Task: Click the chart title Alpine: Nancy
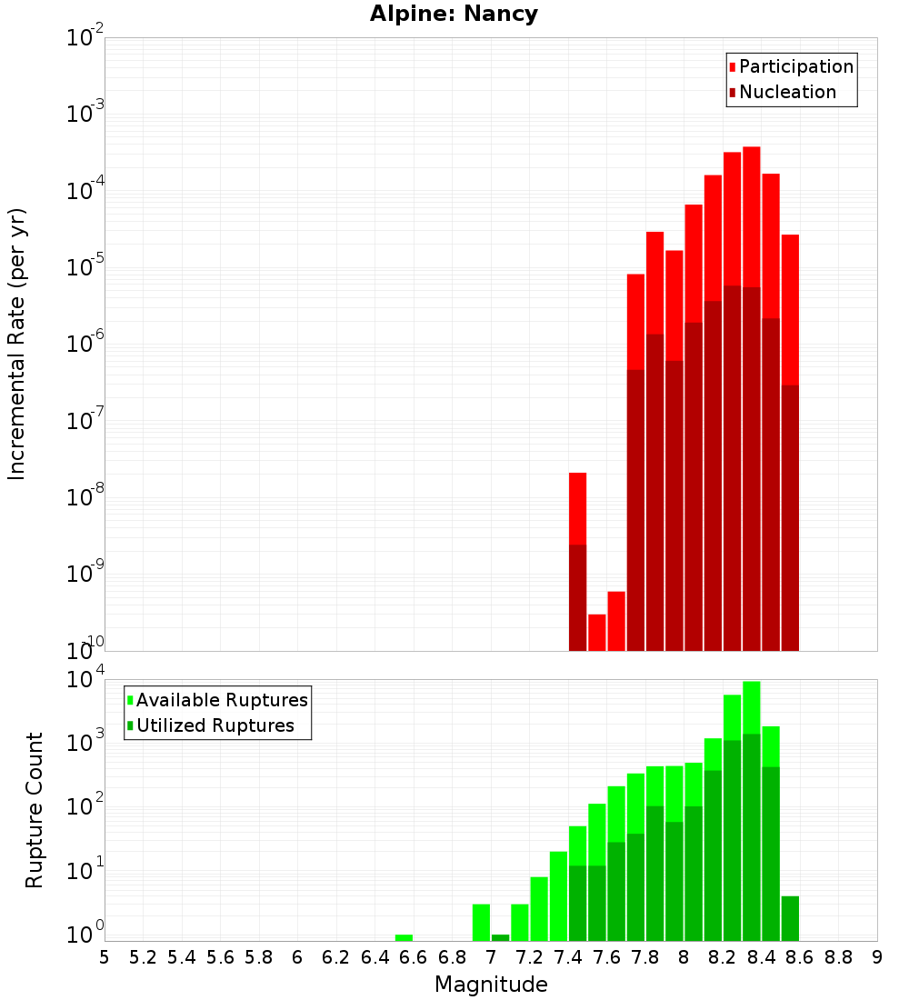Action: [454, 14]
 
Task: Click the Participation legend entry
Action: [791, 66]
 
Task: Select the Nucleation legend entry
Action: [783, 92]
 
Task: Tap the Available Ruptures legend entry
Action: [217, 700]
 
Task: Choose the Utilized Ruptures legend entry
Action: [211, 725]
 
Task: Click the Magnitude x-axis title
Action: [491, 984]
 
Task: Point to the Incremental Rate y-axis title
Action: [16, 345]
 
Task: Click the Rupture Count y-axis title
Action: [35, 811]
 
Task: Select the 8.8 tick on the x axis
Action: [838, 957]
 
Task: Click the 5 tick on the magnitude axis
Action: [105, 957]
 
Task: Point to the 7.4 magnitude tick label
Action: [568, 957]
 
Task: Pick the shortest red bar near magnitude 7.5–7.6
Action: [597, 633]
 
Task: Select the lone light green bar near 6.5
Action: [404, 937]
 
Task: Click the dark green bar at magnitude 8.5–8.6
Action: [790, 918]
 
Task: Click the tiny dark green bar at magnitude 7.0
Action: [501, 937]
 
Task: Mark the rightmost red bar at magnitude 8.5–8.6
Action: [790, 310]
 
